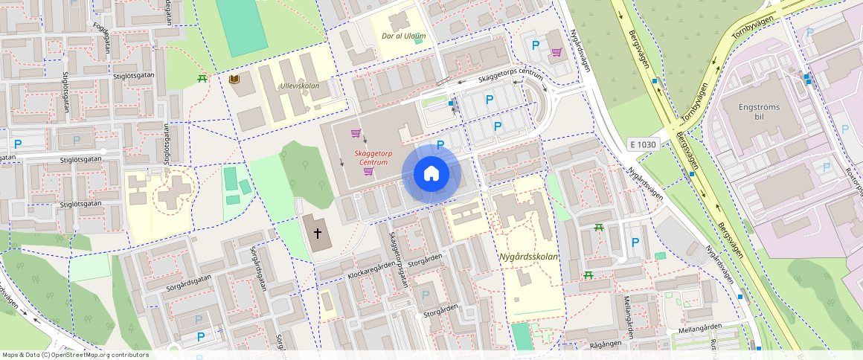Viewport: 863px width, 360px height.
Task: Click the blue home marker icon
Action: pyautogui.click(x=431, y=174)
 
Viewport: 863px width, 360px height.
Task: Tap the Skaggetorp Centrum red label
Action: pyautogui.click(x=373, y=157)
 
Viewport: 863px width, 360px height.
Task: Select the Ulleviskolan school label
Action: pyautogui.click(x=299, y=86)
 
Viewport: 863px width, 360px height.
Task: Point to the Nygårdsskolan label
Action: pyautogui.click(x=528, y=257)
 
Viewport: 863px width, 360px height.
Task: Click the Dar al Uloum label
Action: pyautogui.click(x=403, y=36)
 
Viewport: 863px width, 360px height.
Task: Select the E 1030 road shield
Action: pyautogui.click(x=642, y=144)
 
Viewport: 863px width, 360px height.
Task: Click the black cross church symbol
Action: pyautogui.click(x=318, y=233)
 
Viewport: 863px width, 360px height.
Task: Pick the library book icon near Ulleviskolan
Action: pyautogui.click(x=235, y=80)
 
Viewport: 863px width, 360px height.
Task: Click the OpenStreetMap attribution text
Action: pyautogui.click(x=75, y=355)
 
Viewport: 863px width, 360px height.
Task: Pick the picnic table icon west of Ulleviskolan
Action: pyautogui.click(x=202, y=78)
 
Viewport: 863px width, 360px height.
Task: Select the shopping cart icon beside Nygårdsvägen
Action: pyautogui.click(x=556, y=52)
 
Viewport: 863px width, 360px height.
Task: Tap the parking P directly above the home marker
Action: pyautogui.click(x=440, y=145)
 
